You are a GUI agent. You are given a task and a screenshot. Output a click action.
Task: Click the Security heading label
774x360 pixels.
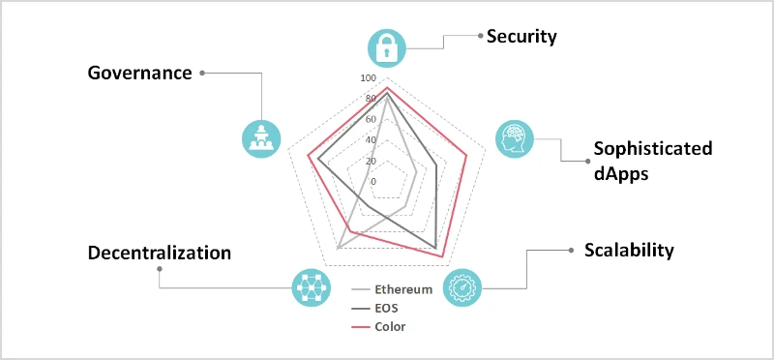[x=521, y=37]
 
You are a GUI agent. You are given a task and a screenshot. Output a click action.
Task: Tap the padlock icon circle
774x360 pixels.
[x=387, y=48]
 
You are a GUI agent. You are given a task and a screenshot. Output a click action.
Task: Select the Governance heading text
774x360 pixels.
[x=139, y=74]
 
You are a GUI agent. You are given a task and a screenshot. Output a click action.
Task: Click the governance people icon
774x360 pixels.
[x=261, y=138]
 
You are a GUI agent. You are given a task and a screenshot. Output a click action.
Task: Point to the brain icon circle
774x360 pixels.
[x=515, y=138]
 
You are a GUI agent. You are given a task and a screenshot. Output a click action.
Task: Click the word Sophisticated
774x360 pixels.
[x=652, y=149]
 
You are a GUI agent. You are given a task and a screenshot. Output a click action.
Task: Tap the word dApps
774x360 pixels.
[x=621, y=174]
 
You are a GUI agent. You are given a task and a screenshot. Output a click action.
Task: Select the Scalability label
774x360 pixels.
[x=629, y=251]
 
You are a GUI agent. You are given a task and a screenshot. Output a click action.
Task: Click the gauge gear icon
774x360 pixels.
[x=462, y=287]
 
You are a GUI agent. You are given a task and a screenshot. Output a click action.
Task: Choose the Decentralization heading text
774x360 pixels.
[x=160, y=253]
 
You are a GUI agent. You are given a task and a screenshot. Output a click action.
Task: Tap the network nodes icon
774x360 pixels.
[x=311, y=287]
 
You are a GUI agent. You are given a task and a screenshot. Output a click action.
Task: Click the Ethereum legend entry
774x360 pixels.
[x=392, y=289]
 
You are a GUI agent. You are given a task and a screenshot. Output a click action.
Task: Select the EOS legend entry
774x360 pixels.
[x=374, y=308]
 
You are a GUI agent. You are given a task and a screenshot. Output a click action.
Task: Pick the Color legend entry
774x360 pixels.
[x=378, y=327]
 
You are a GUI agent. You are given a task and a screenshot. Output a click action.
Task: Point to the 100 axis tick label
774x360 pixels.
[x=368, y=78]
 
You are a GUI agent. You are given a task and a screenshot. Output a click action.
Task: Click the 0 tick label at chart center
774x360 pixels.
[x=373, y=182]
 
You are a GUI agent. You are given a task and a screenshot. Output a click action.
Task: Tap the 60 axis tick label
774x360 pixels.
[x=371, y=119]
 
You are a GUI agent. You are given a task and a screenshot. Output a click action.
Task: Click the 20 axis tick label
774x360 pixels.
[x=371, y=161]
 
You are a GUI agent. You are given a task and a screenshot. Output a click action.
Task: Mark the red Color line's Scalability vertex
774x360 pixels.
[x=443, y=256]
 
